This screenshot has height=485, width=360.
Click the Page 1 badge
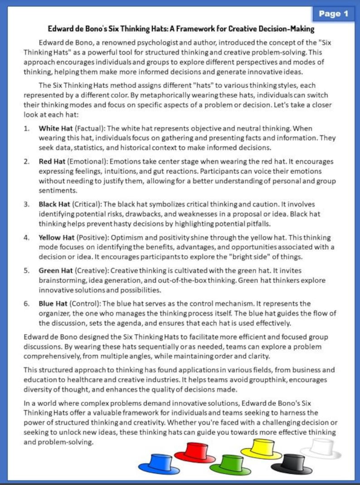coord(333,14)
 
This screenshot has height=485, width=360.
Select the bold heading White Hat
coord(54,128)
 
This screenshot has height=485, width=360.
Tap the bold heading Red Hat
coord(51,162)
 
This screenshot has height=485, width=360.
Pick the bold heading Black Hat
coord(54,204)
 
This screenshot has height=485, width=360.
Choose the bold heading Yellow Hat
coord(56,237)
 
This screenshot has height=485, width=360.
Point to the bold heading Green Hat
coord(55,270)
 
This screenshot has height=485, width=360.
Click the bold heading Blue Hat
coord(53,304)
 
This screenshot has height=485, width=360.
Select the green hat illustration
coord(230,464)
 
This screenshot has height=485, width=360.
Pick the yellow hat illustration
coord(262,448)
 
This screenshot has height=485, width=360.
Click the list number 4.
coord(27,237)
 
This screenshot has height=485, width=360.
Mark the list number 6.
coord(27,304)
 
